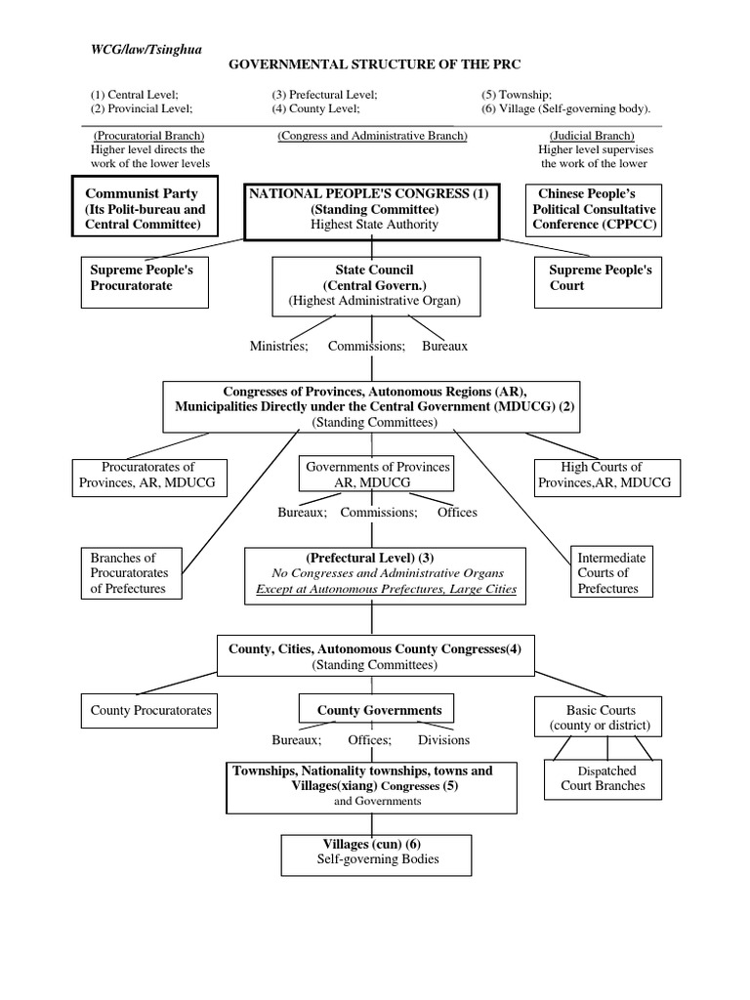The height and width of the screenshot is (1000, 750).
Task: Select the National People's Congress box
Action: click(371, 209)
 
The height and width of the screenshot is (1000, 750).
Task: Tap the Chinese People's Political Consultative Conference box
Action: click(594, 209)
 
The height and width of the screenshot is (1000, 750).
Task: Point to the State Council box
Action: click(374, 285)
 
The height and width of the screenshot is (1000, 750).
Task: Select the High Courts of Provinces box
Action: click(602, 475)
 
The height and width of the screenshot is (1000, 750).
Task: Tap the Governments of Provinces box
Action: click(378, 475)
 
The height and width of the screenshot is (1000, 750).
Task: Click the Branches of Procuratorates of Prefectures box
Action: click(131, 573)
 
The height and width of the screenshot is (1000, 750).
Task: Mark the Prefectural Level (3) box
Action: click(385, 573)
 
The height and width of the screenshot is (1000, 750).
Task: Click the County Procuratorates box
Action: click(151, 711)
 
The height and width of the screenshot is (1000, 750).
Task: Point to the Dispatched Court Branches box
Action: click(603, 778)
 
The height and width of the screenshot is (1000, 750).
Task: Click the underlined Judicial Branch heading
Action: click(591, 136)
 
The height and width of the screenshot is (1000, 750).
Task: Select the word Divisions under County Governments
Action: click(443, 740)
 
